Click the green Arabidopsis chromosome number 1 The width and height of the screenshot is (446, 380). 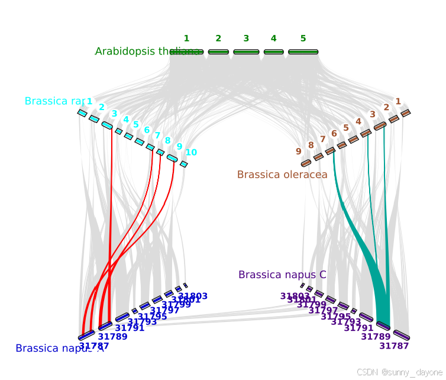click(186, 38)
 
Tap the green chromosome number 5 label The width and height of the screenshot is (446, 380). click(303, 38)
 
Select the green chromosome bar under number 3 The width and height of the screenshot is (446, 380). click(246, 52)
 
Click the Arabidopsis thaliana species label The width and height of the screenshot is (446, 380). click(147, 51)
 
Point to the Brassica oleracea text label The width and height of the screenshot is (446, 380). click(282, 175)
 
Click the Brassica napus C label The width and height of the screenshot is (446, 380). click(282, 275)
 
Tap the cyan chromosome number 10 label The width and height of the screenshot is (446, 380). click(191, 152)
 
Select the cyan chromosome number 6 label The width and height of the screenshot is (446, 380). click(147, 130)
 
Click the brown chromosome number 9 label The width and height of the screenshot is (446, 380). click(299, 151)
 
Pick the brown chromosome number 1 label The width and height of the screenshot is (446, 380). click(398, 101)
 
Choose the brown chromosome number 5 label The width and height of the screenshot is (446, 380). click(346, 127)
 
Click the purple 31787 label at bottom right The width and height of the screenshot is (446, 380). click(394, 346)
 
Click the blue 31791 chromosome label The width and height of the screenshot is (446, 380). click(130, 328)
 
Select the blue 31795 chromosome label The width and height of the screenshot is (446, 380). click(153, 317)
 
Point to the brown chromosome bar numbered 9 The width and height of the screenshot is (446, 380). click(306, 163)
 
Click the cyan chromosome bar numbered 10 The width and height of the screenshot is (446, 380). click(184, 164)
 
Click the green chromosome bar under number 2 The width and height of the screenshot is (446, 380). click(218, 52)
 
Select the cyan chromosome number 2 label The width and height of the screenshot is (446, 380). click(102, 107)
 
